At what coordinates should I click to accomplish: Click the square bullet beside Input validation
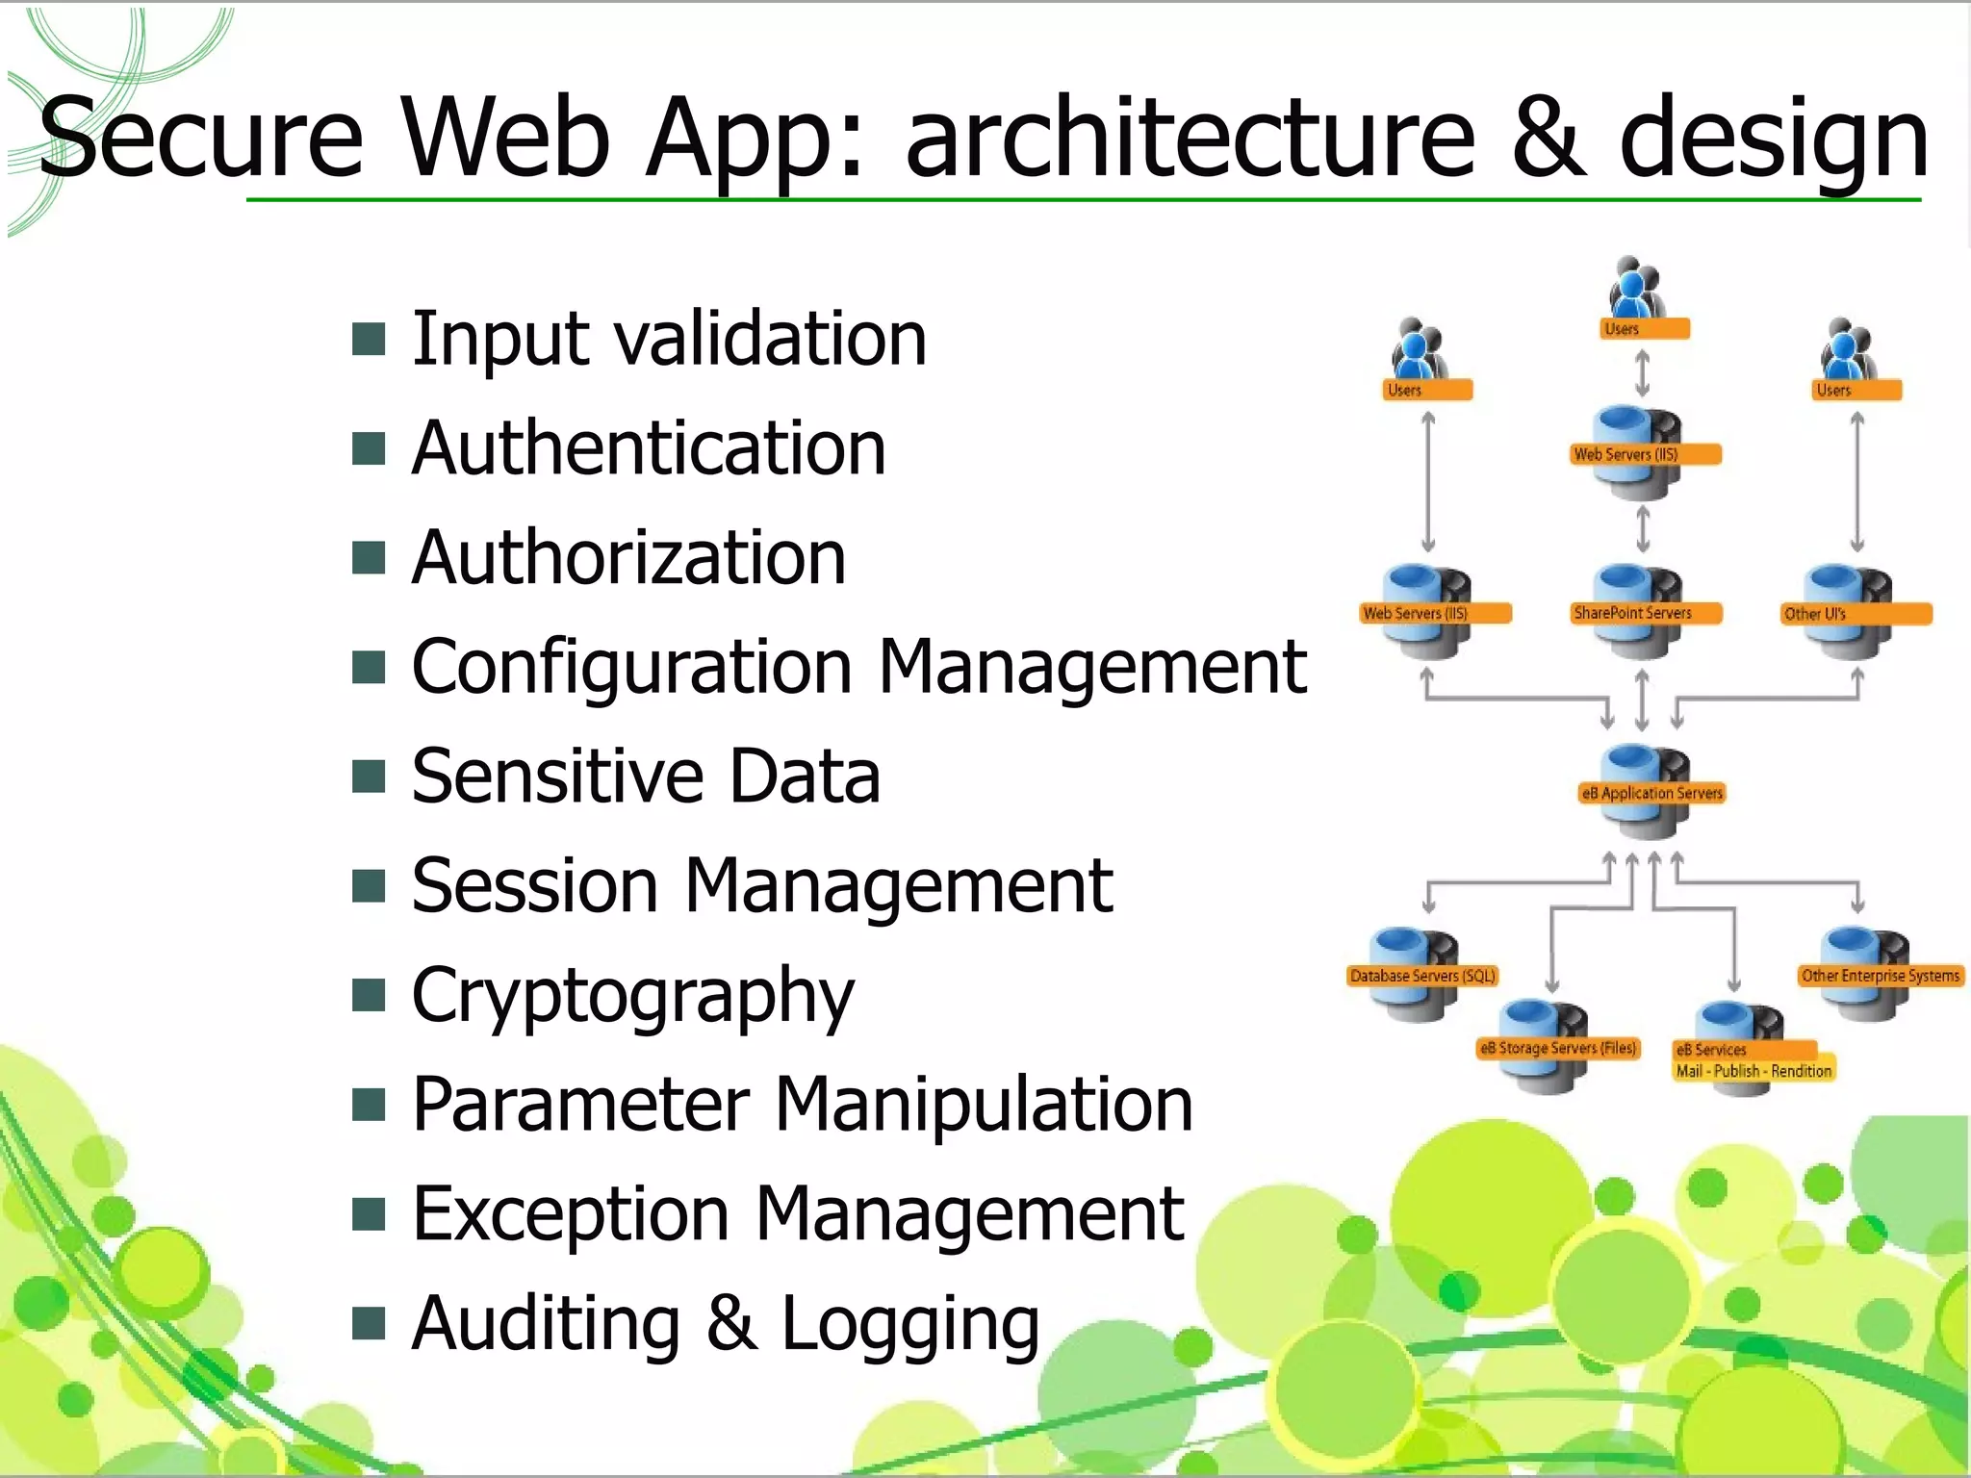369,340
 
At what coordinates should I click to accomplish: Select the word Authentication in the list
648,449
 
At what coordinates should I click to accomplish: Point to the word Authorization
628,558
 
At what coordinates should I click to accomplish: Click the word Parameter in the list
580,1105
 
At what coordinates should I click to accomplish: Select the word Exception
570,1214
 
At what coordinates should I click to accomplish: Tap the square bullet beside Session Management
369,886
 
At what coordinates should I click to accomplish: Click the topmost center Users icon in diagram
1634,289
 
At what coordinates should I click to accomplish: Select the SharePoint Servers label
1632,613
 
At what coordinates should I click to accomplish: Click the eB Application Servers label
1651,793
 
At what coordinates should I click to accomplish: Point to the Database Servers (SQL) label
1422,976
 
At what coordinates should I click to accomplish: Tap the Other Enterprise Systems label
1880,976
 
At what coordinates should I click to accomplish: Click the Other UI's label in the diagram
1815,614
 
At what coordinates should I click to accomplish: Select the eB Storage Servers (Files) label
1557,1048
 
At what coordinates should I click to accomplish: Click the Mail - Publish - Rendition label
1753,1071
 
